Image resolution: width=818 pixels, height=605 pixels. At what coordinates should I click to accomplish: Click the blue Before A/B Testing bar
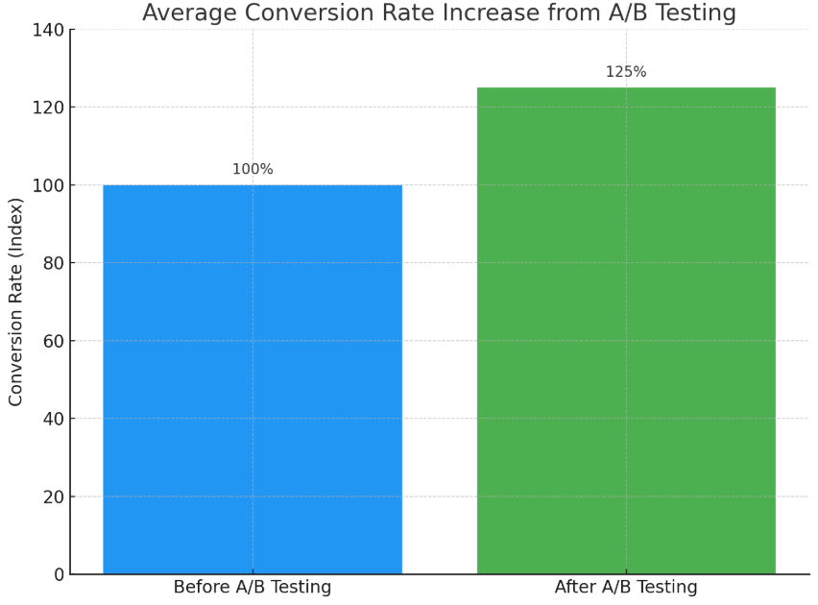click(x=253, y=379)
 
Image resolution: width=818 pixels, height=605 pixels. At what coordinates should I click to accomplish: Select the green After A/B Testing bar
click(x=626, y=331)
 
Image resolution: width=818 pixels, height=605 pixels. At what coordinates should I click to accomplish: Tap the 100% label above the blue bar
click(x=253, y=170)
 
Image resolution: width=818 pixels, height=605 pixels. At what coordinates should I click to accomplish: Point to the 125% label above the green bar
click(x=626, y=73)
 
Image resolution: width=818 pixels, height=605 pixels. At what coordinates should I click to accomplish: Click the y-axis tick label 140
click(x=48, y=31)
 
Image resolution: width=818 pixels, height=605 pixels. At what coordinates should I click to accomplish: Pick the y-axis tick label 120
click(x=48, y=109)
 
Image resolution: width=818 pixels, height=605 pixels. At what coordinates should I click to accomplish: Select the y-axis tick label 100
click(x=48, y=186)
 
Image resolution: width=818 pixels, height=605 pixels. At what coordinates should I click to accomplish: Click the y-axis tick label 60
click(x=53, y=342)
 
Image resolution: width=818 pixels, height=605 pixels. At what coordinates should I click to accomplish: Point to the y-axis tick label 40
click(x=53, y=420)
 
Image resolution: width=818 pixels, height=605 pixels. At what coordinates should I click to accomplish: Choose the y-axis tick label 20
click(x=53, y=497)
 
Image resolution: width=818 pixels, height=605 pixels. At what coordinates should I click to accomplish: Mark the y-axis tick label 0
click(x=59, y=575)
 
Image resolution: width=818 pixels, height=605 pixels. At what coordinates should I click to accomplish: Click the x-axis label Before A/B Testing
click(x=253, y=588)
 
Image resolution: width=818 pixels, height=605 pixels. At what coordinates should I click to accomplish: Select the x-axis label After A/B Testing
click(x=626, y=588)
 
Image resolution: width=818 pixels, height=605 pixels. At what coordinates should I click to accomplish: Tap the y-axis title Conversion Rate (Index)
click(x=16, y=302)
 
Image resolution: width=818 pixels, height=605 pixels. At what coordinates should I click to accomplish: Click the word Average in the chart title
click(x=185, y=13)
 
